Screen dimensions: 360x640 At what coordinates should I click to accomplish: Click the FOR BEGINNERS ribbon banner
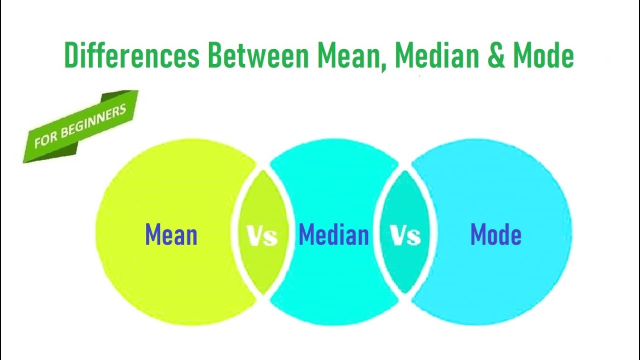(80, 127)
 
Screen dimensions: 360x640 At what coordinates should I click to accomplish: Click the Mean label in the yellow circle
(171, 234)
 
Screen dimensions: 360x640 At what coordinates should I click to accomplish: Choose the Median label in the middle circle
(333, 234)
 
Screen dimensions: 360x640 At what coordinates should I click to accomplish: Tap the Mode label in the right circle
(495, 234)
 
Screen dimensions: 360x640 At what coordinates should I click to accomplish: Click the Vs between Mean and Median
(262, 235)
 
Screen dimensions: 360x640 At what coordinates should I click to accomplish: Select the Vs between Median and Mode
(405, 235)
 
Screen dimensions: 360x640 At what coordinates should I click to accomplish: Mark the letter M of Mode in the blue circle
(478, 234)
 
